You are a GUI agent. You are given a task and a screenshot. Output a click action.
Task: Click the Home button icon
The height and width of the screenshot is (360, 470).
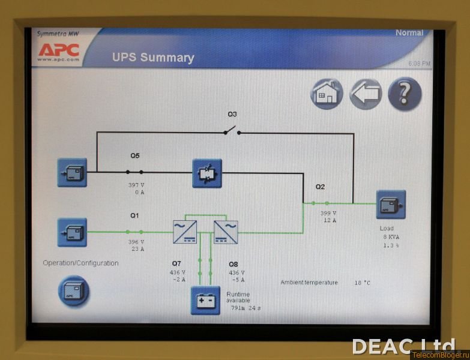[327, 94]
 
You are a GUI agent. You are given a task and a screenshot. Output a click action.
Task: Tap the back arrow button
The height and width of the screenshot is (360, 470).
[366, 94]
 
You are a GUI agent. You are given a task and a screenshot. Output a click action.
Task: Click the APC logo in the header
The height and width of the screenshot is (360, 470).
[59, 49]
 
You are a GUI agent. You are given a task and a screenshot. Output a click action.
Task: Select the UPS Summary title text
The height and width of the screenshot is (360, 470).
[153, 58]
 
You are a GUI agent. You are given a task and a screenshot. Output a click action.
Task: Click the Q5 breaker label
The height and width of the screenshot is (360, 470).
[135, 156]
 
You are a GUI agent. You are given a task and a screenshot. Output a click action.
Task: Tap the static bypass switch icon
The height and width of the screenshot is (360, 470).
[207, 173]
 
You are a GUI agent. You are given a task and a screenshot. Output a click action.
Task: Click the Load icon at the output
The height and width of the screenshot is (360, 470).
[391, 205]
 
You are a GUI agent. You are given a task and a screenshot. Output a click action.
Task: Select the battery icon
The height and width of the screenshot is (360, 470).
[205, 300]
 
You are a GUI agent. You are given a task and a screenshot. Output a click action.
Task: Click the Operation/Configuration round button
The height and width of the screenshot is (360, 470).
[73, 291]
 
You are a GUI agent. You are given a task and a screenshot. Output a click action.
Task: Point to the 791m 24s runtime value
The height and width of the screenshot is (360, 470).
[246, 308]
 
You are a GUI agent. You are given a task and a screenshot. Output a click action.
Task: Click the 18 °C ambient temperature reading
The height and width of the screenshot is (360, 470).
[362, 283]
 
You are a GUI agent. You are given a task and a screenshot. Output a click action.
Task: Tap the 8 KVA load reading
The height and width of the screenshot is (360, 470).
[392, 237]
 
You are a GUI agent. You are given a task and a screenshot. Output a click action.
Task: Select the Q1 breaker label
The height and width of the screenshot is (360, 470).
[134, 215]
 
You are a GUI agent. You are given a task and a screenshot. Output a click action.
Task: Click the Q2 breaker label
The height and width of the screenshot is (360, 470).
[321, 187]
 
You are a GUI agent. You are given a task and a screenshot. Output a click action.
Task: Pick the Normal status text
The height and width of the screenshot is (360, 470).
[409, 33]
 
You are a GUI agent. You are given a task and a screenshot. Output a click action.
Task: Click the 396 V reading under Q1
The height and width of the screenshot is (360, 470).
[136, 242]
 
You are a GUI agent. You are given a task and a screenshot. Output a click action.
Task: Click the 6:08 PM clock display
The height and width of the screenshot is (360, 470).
[420, 63]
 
